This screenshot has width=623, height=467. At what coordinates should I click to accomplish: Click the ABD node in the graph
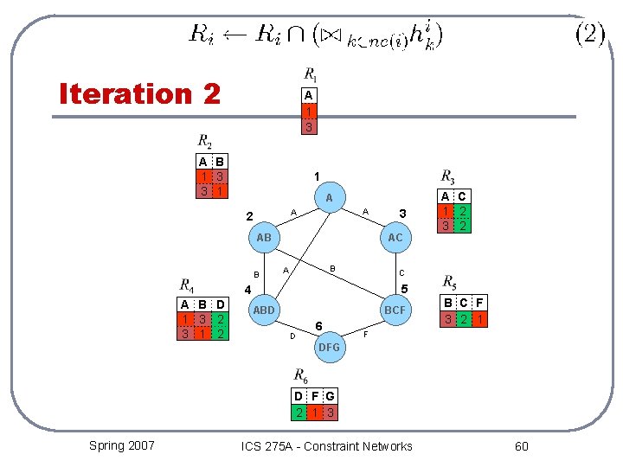tap(264, 310)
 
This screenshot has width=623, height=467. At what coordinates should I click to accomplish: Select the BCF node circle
tap(395, 310)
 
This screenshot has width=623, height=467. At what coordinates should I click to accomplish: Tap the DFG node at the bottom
tap(329, 347)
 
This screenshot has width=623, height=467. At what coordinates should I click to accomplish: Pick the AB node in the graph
tap(263, 237)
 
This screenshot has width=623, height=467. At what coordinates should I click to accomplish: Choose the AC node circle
tap(395, 237)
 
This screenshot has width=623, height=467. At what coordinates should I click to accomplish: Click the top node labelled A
tap(329, 198)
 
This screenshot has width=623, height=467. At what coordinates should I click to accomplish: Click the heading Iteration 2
tap(139, 93)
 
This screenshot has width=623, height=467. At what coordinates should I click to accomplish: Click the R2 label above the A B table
tap(204, 141)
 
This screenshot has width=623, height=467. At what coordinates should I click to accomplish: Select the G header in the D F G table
tap(330, 397)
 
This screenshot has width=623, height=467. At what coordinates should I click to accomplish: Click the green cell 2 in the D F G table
tap(298, 413)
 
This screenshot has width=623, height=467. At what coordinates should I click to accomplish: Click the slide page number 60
tap(521, 446)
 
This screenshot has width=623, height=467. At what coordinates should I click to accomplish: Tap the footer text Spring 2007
tap(122, 445)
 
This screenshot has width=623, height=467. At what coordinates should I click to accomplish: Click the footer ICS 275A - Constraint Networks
tap(327, 446)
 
